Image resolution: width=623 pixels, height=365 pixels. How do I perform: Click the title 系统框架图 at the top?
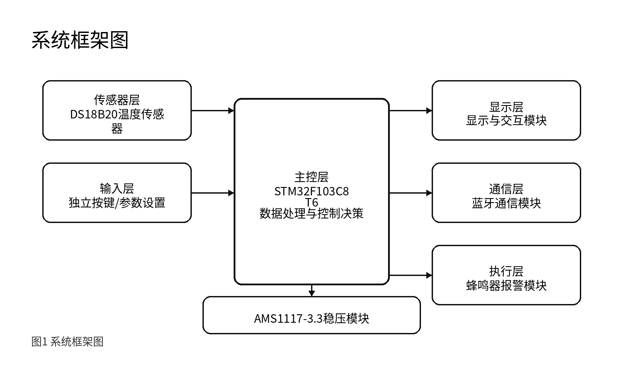point(80,41)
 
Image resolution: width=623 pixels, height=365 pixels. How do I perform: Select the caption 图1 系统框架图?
point(67,342)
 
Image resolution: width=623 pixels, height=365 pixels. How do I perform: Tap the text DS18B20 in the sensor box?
point(94,114)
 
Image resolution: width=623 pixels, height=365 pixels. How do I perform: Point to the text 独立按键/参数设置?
point(117,203)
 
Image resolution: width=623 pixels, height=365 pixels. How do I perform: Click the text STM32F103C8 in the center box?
point(311,191)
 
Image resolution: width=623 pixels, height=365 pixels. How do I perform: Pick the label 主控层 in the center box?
point(311,177)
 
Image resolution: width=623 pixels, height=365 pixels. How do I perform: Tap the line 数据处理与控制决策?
point(311,213)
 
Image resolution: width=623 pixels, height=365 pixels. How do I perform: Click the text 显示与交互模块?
point(506,121)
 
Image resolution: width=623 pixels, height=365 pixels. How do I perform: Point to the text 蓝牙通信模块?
point(506,203)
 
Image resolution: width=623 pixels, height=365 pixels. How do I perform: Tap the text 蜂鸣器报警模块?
point(506,285)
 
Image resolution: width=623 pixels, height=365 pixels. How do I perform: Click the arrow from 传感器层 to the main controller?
point(213,111)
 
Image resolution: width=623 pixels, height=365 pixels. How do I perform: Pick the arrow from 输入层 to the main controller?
point(213,193)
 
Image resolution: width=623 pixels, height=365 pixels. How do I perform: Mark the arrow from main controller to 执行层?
point(411,275)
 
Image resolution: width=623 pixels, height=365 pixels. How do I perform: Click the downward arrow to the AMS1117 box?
point(311,290)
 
